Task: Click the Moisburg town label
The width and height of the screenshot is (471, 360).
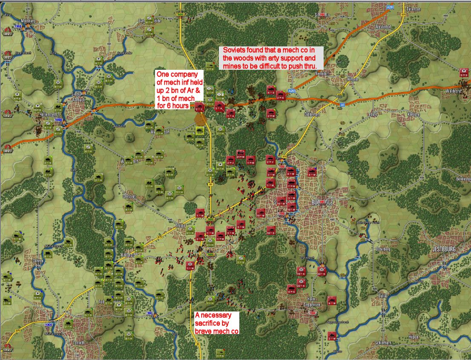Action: [x=27, y=20]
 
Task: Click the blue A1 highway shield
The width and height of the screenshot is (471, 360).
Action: [x=342, y=104]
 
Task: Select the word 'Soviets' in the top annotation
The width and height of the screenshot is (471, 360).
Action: [x=235, y=50]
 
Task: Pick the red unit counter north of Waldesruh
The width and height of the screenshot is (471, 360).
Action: [x=464, y=72]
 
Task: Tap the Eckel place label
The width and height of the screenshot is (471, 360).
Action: [x=373, y=114]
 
